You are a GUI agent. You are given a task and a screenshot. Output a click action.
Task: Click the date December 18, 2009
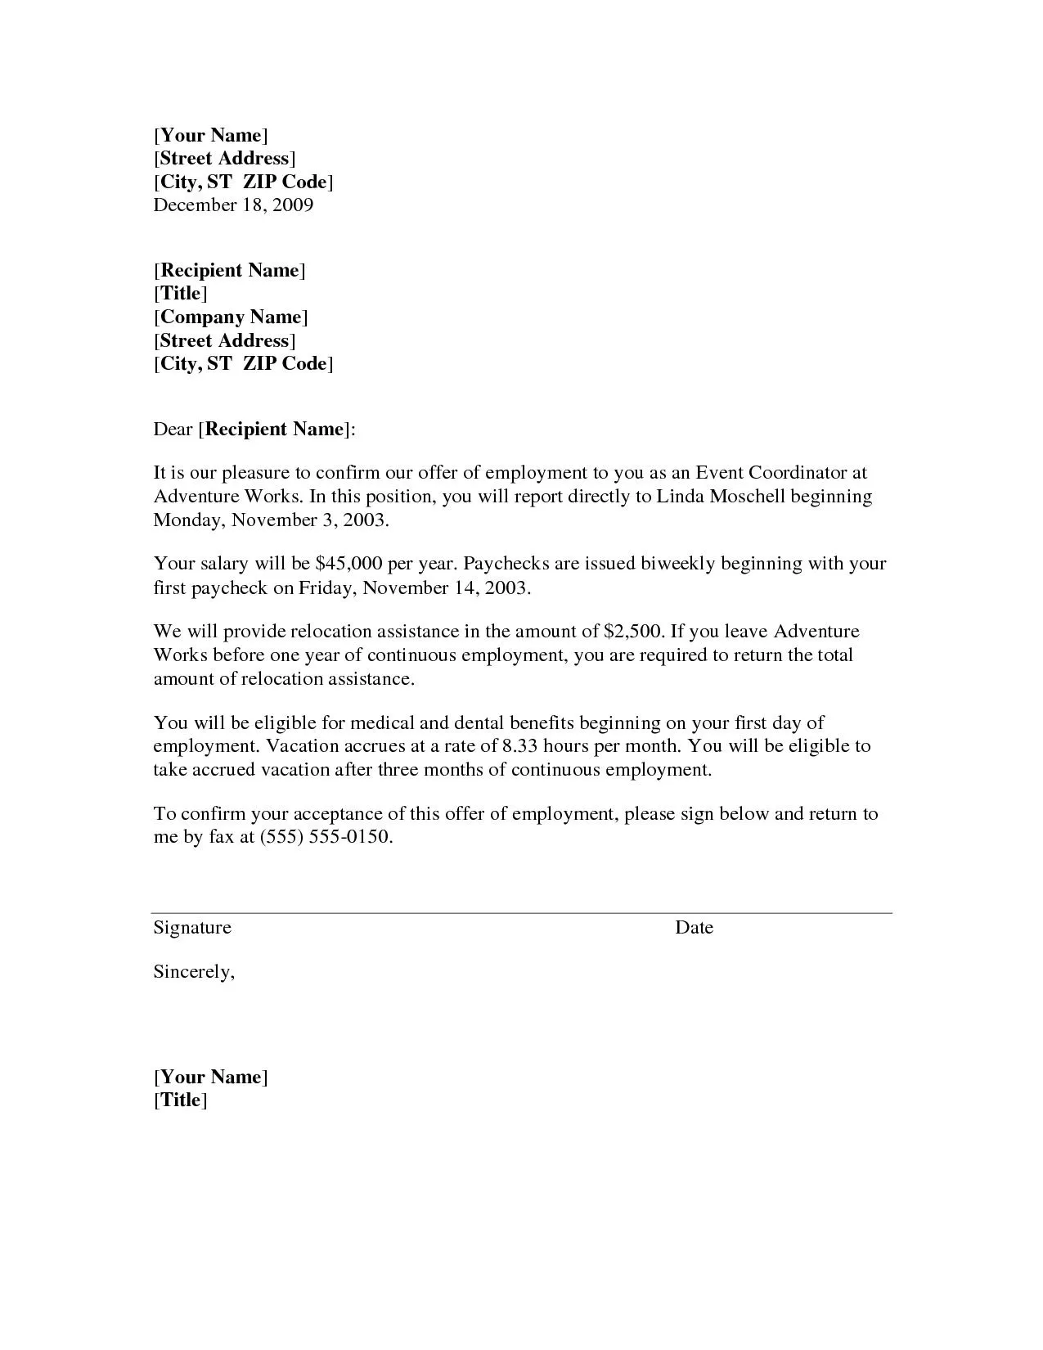pos(233,205)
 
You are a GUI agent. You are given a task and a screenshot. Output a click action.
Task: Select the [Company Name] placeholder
pos(231,317)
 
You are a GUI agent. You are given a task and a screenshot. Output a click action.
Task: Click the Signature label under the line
pos(192,927)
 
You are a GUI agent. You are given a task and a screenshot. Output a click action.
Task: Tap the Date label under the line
pos(694,927)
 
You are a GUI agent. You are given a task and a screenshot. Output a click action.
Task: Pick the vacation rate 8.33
pos(519,745)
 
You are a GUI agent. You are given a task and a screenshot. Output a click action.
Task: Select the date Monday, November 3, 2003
pos(271,520)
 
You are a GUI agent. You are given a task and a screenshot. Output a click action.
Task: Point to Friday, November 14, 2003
pos(413,587)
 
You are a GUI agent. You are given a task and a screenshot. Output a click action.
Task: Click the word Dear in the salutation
pos(173,429)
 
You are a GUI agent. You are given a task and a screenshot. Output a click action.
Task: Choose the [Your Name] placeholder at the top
pos(210,135)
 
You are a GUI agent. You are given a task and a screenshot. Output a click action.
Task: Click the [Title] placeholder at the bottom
pos(180,1100)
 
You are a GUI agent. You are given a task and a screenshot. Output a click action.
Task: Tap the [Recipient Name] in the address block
pos(229,270)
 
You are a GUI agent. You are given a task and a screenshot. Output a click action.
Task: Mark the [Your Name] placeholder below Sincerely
pos(210,1076)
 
